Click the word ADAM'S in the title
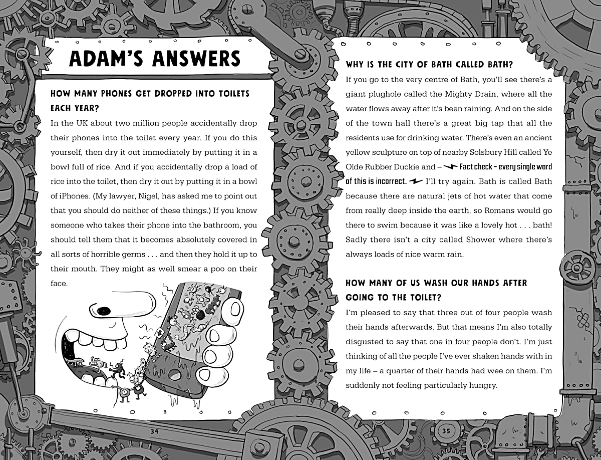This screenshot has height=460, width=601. click(107, 58)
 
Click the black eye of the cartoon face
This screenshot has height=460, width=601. click(104, 310)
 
